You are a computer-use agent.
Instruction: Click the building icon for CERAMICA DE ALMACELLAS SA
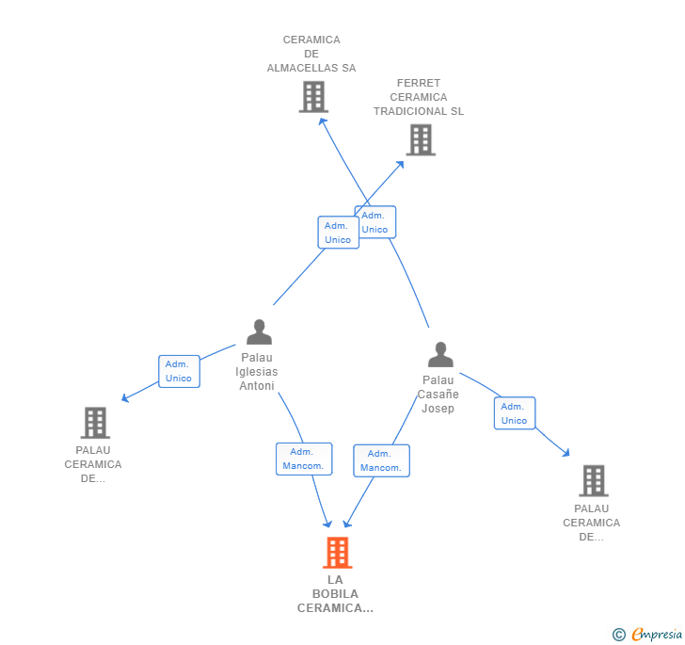tap(313, 97)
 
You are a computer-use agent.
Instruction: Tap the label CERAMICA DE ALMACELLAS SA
tap(311, 54)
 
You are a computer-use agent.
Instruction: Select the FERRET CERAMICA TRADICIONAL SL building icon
tap(421, 140)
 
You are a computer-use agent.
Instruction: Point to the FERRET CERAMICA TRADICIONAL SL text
tap(419, 97)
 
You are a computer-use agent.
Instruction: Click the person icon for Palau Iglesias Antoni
tap(259, 331)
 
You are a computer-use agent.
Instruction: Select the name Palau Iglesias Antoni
tap(257, 372)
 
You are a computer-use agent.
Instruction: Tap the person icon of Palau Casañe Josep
tap(440, 354)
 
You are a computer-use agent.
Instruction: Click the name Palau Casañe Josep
tap(438, 394)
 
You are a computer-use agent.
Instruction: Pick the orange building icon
tap(337, 553)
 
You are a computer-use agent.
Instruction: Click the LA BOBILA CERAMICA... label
tap(335, 594)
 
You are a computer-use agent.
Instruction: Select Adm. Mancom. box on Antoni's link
tap(304, 459)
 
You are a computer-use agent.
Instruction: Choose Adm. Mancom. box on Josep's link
tap(381, 460)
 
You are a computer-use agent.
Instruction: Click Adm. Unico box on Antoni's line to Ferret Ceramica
tap(338, 233)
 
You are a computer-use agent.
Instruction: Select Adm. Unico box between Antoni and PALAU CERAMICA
tap(179, 371)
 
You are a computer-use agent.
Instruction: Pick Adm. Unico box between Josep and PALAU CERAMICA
tap(515, 413)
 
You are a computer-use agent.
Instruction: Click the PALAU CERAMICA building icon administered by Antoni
tap(95, 423)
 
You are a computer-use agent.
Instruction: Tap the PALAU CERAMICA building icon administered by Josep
tap(594, 480)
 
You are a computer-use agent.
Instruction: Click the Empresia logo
tap(647, 634)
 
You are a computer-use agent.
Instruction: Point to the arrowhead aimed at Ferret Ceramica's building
tap(400, 165)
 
